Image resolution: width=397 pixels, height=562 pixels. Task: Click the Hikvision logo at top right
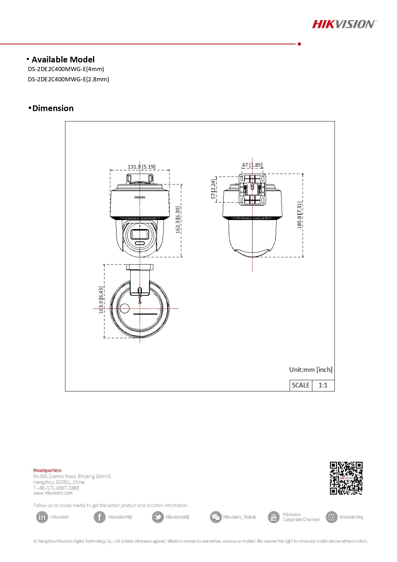point(344,24)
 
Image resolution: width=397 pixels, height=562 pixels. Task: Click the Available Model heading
point(63,60)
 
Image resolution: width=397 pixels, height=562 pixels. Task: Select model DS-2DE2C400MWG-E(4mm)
point(66,69)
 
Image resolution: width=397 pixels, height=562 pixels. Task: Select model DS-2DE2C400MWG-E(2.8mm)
point(68,79)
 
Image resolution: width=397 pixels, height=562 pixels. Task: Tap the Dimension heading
point(53,108)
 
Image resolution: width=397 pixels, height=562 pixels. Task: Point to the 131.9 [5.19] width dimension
point(141,167)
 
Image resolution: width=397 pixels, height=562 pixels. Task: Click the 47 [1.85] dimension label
point(252,165)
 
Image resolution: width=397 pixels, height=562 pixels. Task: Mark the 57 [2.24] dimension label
point(213,189)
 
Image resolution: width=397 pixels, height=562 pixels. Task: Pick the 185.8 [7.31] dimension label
point(299,215)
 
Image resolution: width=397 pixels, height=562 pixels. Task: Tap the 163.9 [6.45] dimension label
point(101,300)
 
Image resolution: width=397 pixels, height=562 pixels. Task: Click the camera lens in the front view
point(140,234)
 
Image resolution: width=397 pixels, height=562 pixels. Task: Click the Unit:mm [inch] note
point(311,370)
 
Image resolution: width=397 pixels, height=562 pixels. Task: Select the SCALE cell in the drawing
point(301,385)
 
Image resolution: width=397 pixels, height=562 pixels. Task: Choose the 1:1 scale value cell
point(323,385)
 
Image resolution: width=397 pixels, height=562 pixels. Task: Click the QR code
point(346,478)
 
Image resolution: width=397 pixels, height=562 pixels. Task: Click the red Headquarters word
point(47,470)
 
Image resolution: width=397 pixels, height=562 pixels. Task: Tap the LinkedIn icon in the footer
point(42,517)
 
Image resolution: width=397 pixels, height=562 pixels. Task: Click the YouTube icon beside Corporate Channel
point(274,517)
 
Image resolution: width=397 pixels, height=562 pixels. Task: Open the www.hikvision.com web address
point(53,493)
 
